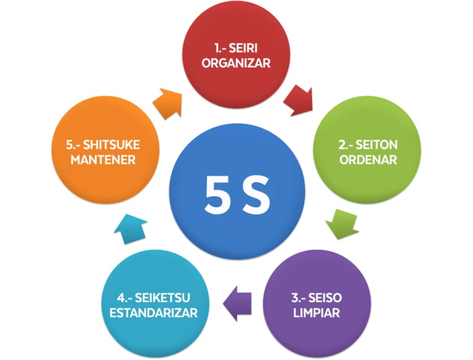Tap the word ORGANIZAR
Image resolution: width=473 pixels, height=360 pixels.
(x=237, y=63)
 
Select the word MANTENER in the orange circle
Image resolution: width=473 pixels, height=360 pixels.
(x=102, y=161)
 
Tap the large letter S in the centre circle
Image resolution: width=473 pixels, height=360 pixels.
(x=256, y=195)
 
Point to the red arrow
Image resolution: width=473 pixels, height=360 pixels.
(x=299, y=100)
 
